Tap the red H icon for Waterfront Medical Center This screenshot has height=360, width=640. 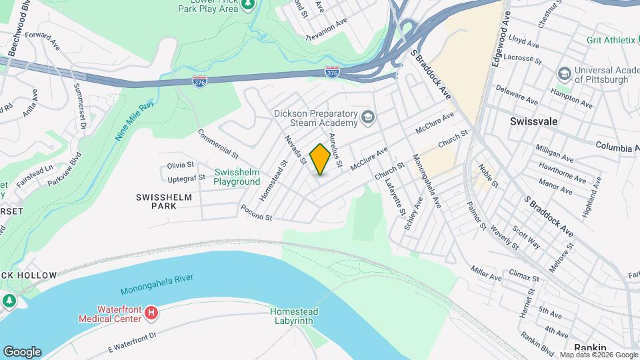(152, 312)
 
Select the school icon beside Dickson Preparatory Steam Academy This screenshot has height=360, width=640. (367, 118)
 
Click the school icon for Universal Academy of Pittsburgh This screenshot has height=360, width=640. (564, 72)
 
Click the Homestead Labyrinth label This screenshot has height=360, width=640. (294, 316)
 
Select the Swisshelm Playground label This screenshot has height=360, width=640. (237, 177)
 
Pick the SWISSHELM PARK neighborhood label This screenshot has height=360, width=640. (164, 201)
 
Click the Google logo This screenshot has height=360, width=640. (22, 351)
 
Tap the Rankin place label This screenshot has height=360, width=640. (590, 347)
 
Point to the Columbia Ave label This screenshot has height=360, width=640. (617, 145)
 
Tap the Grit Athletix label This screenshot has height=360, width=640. (611, 40)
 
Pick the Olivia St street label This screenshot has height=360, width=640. (180, 165)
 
